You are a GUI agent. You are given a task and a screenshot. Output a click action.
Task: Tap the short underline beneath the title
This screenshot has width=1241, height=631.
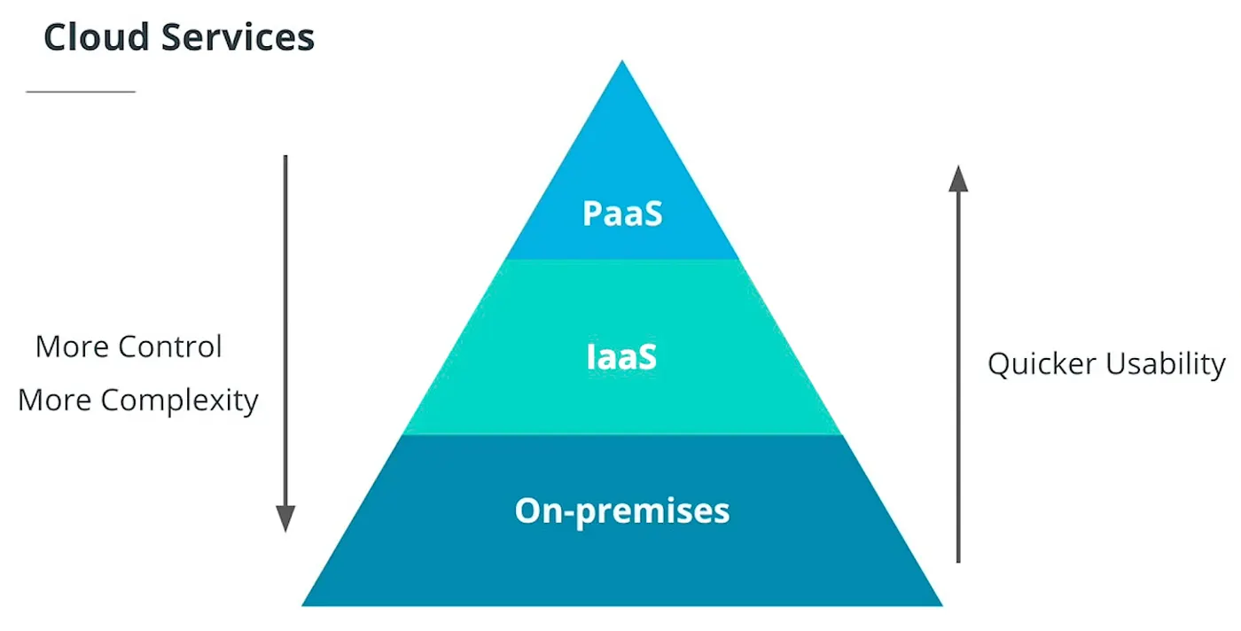pyautogui.click(x=81, y=91)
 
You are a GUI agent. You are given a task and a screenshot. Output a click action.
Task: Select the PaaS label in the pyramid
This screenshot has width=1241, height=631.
pyautogui.click(x=622, y=214)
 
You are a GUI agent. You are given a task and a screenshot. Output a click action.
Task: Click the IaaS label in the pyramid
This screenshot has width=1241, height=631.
pyautogui.click(x=622, y=357)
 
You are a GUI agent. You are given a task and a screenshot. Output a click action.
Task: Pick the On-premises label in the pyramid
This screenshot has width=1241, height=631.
pyautogui.click(x=622, y=510)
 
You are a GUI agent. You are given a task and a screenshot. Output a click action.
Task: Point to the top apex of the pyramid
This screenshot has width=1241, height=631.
pyautogui.click(x=622, y=62)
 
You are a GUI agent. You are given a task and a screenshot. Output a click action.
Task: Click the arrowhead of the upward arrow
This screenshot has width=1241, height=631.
pyautogui.click(x=958, y=177)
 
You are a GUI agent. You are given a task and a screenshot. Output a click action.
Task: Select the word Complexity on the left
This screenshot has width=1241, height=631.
pyautogui.click(x=179, y=401)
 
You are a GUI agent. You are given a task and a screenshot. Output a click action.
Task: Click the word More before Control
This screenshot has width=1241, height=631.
pyautogui.click(x=70, y=347)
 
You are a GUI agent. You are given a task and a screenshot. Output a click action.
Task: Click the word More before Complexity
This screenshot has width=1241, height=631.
pyautogui.click(x=53, y=401)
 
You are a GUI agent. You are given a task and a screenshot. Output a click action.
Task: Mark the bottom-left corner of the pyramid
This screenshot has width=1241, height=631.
pyautogui.click(x=304, y=604)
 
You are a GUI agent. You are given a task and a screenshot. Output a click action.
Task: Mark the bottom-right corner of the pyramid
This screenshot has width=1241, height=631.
pyautogui.click(x=941, y=604)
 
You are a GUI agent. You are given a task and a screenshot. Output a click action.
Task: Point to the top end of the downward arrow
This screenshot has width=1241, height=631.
pyautogui.click(x=285, y=157)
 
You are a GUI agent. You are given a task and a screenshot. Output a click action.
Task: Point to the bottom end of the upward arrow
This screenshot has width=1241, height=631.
pyautogui.click(x=958, y=561)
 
